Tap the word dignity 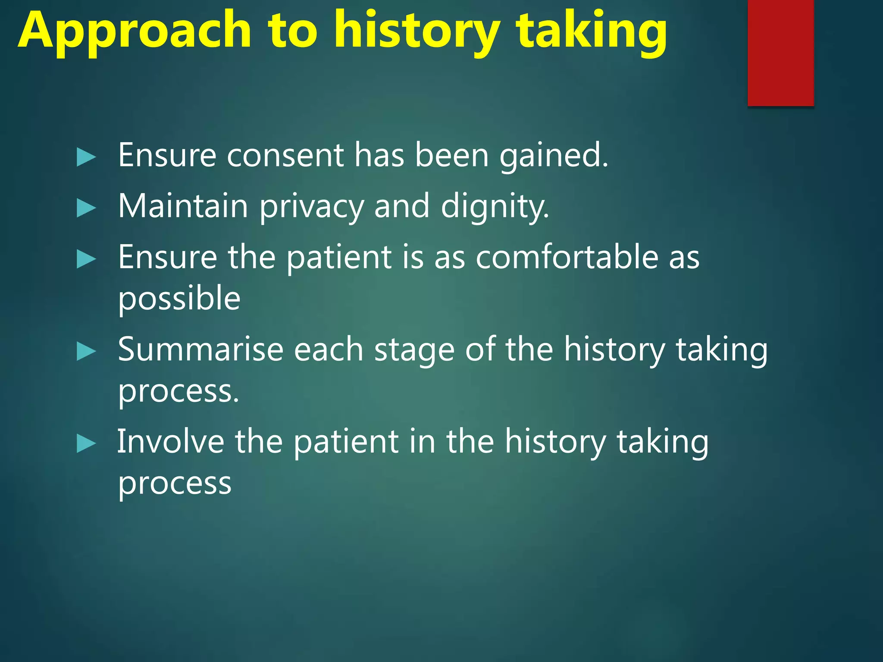pos(495,207)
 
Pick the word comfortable pos(567,257)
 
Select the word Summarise pos(200,350)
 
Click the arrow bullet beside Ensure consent pos(86,157)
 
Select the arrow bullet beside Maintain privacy pos(86,209)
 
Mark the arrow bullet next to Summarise pos(86,352)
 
